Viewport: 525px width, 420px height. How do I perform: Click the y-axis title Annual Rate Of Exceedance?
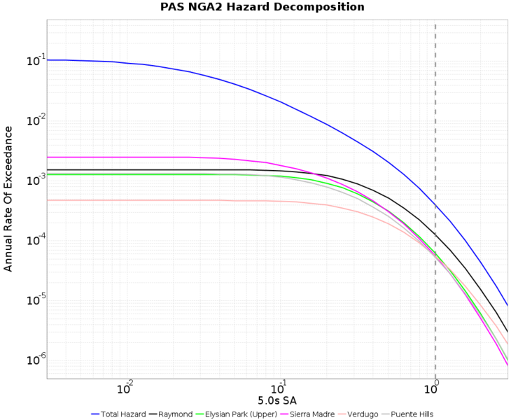tap(8, 199)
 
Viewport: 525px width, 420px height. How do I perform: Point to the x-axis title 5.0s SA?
tap(278, 400)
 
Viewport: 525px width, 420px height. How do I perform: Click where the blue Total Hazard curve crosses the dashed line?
tap(435, 206)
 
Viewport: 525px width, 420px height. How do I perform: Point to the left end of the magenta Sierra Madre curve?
tap(48, 157)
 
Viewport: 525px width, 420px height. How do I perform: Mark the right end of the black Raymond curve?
tap(507, 331)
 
